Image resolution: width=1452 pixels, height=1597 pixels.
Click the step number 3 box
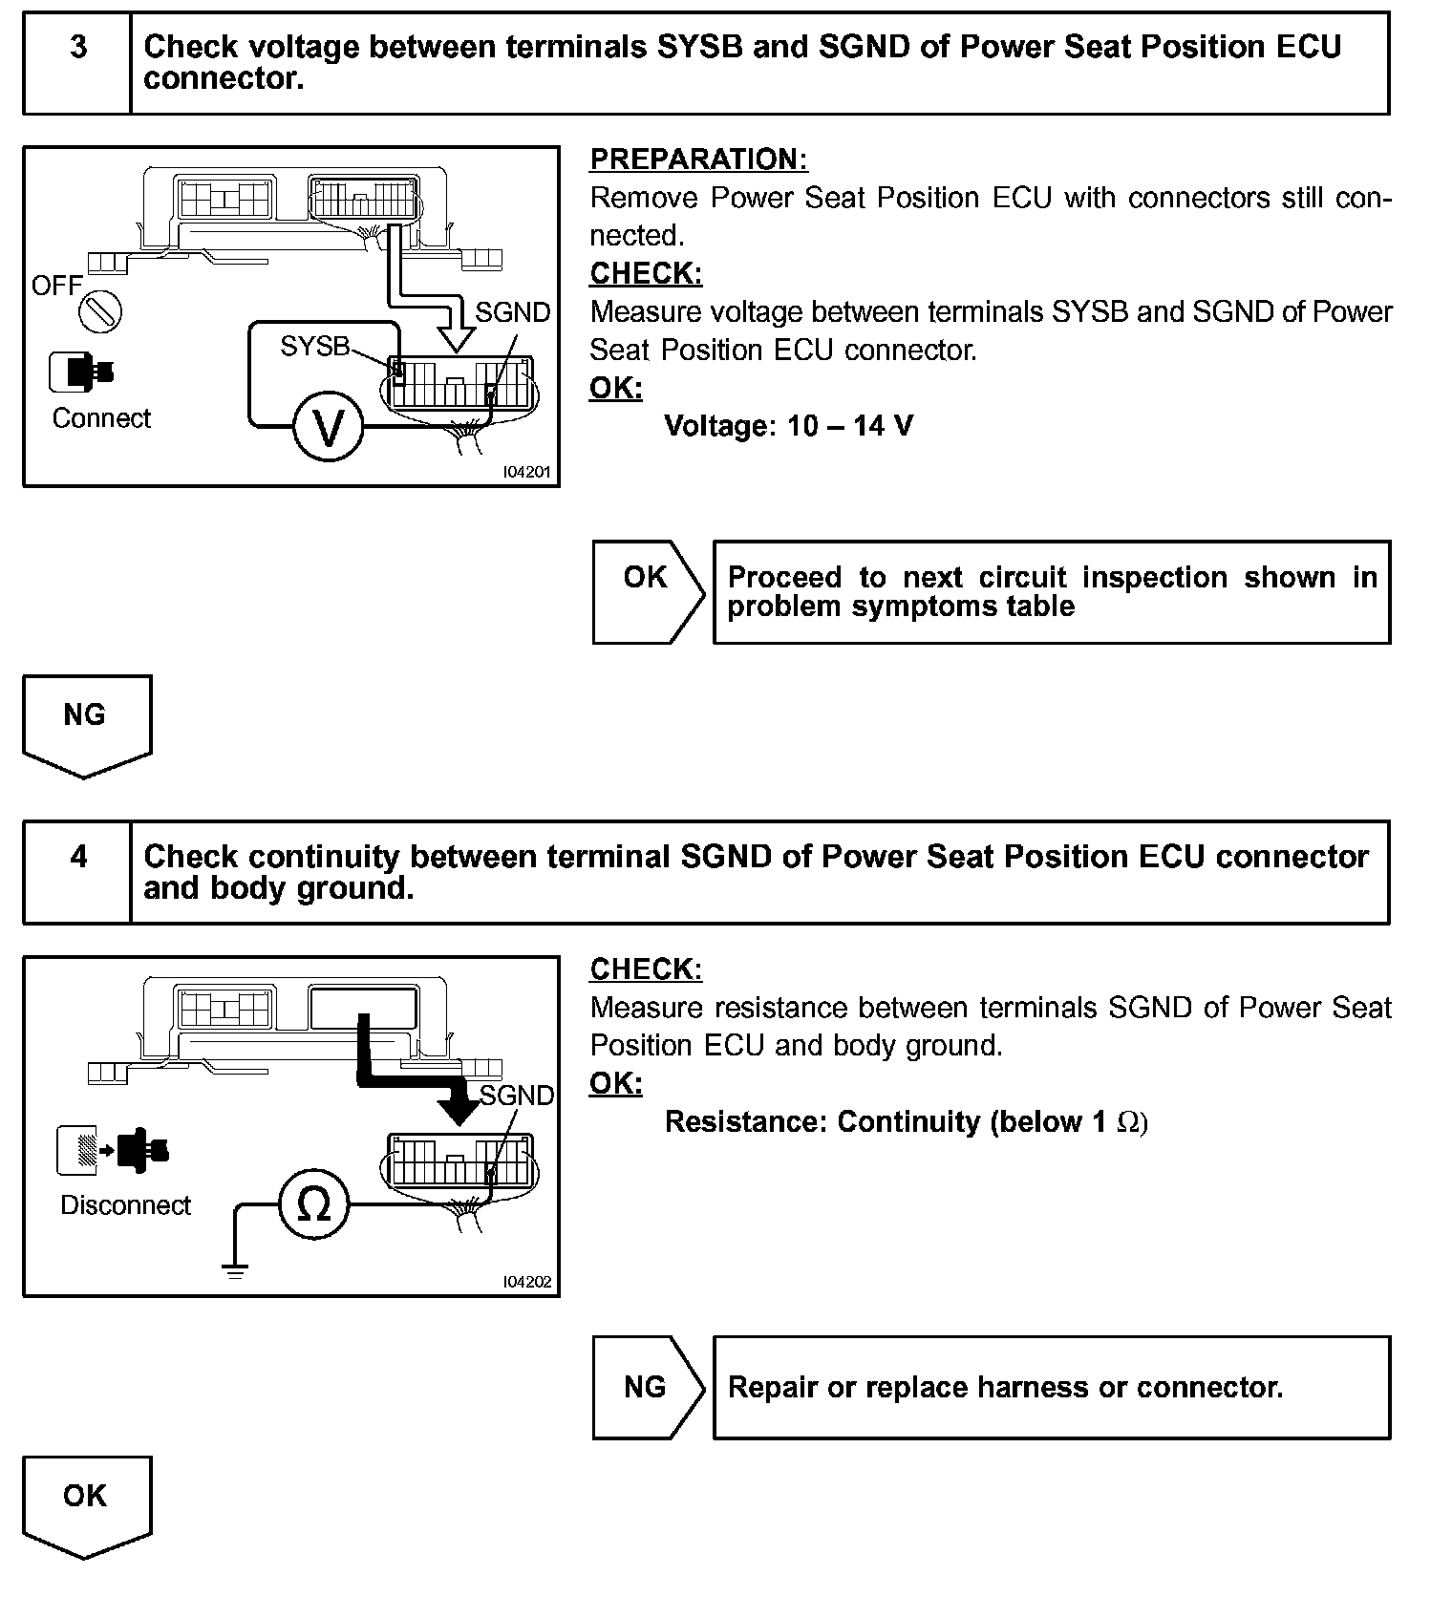(77, 63)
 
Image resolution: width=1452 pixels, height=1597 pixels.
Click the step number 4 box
(77, 872)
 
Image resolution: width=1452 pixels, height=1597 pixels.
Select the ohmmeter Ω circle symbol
(314, 1204)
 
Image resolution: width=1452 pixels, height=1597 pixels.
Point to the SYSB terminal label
(314, 346)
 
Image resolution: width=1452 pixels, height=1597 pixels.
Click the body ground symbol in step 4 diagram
(235, 1269)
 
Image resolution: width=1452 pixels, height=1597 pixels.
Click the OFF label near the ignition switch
(56, 285)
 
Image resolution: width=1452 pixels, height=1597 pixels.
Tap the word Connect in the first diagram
(101, 418)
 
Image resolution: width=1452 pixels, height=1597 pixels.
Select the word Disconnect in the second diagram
(125, 1205)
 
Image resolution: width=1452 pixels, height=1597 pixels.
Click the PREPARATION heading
(698, 160)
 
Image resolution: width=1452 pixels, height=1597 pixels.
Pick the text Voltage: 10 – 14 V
(788, 425)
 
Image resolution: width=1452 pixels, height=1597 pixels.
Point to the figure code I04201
(527, 472)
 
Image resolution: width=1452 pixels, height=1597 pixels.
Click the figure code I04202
(527, 1282)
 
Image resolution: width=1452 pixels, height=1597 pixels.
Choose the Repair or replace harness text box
(1051, 1387)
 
